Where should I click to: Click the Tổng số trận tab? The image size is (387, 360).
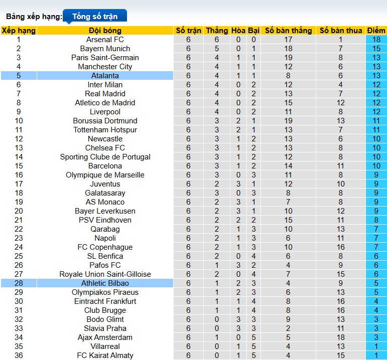point(95,16)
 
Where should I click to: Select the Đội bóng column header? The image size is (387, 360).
point(105,31)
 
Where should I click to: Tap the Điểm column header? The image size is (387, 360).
point(376,31)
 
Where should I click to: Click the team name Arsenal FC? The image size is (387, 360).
point(105,40)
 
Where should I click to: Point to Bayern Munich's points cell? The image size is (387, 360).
point(376,49)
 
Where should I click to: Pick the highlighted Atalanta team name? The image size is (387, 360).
point(105,76)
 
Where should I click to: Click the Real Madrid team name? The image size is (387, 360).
point(105,94)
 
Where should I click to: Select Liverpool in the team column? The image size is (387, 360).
point(105,112)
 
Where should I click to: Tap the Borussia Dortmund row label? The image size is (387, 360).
point(105,121)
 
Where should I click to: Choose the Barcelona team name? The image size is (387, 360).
point(105,166)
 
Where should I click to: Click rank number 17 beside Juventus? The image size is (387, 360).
point(19,184)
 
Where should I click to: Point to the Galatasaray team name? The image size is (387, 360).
point(105,193)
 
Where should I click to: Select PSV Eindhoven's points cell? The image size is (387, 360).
point(376,220)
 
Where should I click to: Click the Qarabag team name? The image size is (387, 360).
point(105,229)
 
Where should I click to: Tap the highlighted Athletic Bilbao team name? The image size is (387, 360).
point(105,283)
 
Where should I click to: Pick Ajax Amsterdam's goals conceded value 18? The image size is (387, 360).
point(340,337)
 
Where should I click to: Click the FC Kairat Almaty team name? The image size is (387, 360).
point(105,355)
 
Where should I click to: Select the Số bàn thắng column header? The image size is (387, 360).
point(288,31)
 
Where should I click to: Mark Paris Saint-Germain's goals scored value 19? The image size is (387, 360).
point(288,58)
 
